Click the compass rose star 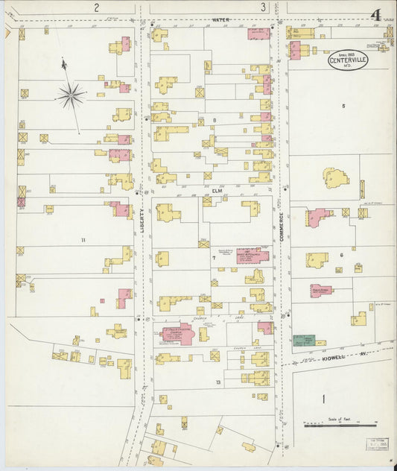pos(71,94)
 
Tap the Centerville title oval pos(348,60)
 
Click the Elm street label pos(217,191)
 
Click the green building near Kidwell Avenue pos(303,341)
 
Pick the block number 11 pos(83,239)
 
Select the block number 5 pos(343,106)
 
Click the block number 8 pos(214,120)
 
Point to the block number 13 pos(218,382)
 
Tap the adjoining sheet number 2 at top pos(96,7)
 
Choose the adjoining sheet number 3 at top pos(263,7)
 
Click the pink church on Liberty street pos(177,332)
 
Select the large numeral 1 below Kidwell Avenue pos(324,399)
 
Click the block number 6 pos(341,255)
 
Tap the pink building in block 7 pos(252,256)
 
